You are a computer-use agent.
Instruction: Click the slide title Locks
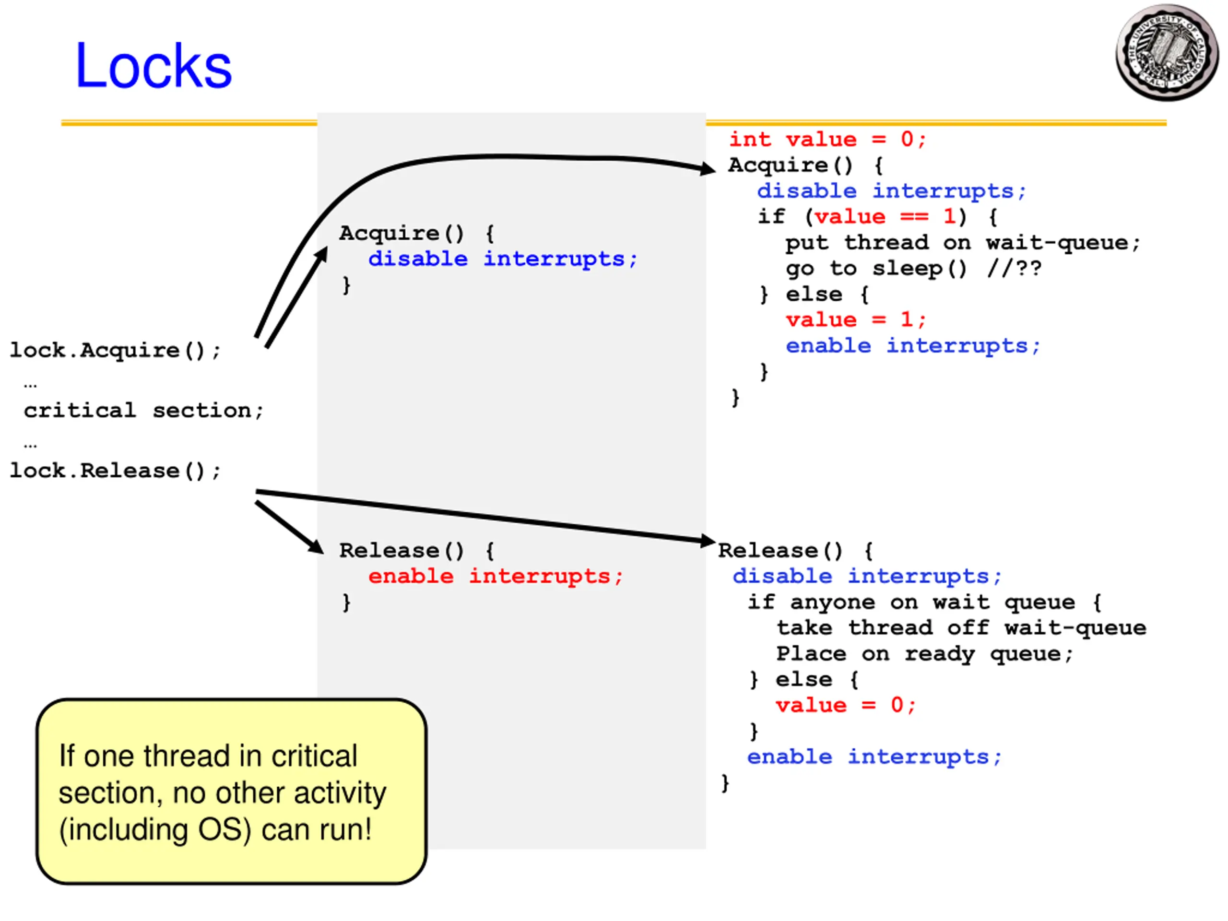(x=153, y=66)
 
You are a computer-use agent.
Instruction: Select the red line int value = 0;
(x=827, y=139)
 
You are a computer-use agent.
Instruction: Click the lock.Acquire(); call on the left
(x=116, y=350)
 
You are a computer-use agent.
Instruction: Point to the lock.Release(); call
(x=116, y=471)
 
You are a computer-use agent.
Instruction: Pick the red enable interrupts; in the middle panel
(x=496, y=576)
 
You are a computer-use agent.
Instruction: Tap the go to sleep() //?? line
(x=913, y=269)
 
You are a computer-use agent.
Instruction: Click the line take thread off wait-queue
(x=961, y=628)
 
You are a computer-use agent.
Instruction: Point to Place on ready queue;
(x=924, y=654)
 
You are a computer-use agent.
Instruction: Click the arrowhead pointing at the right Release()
(x=708, y=540)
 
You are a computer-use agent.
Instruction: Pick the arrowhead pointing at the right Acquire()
(x=708, y=168)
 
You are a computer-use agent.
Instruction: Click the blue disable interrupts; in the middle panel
(x=502, y=259)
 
